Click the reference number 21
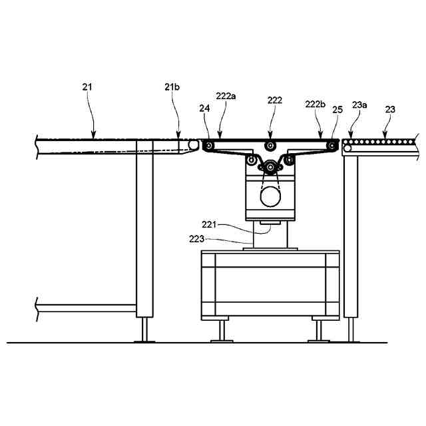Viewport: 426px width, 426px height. (88, 87)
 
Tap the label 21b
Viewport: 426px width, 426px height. (170, 87)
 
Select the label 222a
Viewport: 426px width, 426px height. (225, 97)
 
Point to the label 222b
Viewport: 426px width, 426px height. (315, 105)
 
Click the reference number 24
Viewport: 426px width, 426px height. (203, 108)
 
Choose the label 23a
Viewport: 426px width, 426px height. (359, 105)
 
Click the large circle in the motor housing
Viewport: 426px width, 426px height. (270, 196)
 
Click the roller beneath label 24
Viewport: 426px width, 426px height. (209, 146)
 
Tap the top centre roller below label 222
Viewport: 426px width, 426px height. (270, 146)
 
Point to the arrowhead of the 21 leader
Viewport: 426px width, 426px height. (93, 136)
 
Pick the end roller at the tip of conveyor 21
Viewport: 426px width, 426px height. (193, 145)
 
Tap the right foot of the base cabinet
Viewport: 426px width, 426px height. (319, 331)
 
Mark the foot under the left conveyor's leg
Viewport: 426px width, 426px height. (144, 331)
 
